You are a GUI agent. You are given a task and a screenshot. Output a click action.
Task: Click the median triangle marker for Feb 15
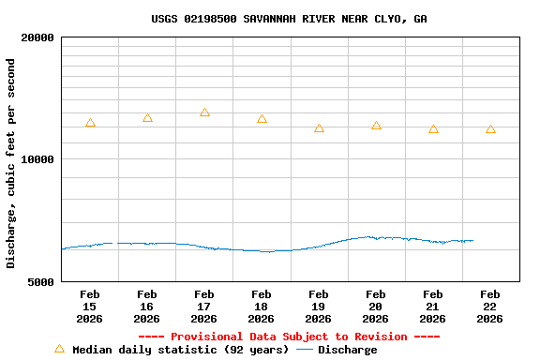(90, 123)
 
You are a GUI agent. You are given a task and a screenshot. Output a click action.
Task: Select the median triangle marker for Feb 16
(147, 118)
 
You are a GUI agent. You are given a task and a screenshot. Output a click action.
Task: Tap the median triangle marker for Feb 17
(204, 112)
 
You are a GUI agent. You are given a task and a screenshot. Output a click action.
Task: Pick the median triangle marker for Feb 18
(262, 119)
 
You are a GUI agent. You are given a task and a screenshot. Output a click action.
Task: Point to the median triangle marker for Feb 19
(319, 128)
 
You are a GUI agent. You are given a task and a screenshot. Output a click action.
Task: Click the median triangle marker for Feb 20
(376, 126)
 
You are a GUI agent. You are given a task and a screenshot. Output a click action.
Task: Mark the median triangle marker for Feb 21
(433, 129)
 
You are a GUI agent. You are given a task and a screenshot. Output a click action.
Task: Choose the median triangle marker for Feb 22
(490, 129)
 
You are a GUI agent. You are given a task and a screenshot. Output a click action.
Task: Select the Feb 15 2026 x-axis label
(89, 307)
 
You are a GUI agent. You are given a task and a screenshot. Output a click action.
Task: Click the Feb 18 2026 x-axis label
(262, 307)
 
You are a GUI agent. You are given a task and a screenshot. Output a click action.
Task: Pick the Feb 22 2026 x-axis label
(490, 307)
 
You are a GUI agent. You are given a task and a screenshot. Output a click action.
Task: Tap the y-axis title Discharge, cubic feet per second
(11, 163)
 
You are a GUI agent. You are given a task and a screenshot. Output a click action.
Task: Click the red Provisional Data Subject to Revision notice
(289, 337)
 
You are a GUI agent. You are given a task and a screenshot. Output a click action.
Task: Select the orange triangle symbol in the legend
(60, 349)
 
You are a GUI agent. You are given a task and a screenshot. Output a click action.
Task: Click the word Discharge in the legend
(347, 350)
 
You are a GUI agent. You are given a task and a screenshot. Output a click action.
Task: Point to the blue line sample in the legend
(305, 350)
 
